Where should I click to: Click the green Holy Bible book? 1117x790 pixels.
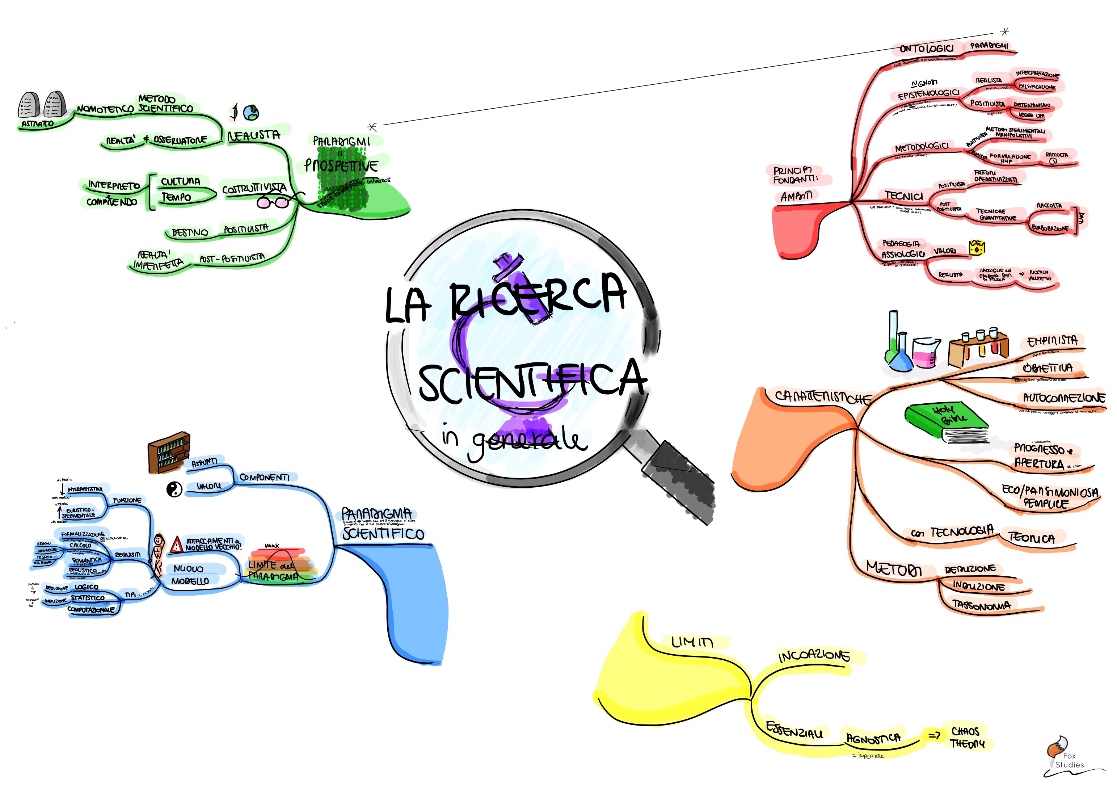coord(946,421)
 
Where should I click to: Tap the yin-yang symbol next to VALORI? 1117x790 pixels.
coord(174,489)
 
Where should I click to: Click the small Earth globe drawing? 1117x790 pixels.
coord(251,113)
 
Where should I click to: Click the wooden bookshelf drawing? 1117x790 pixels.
coord(169,453)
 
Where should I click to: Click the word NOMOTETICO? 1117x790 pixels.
coord(104,109)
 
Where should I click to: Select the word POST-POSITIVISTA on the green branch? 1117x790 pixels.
coord(232,259)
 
